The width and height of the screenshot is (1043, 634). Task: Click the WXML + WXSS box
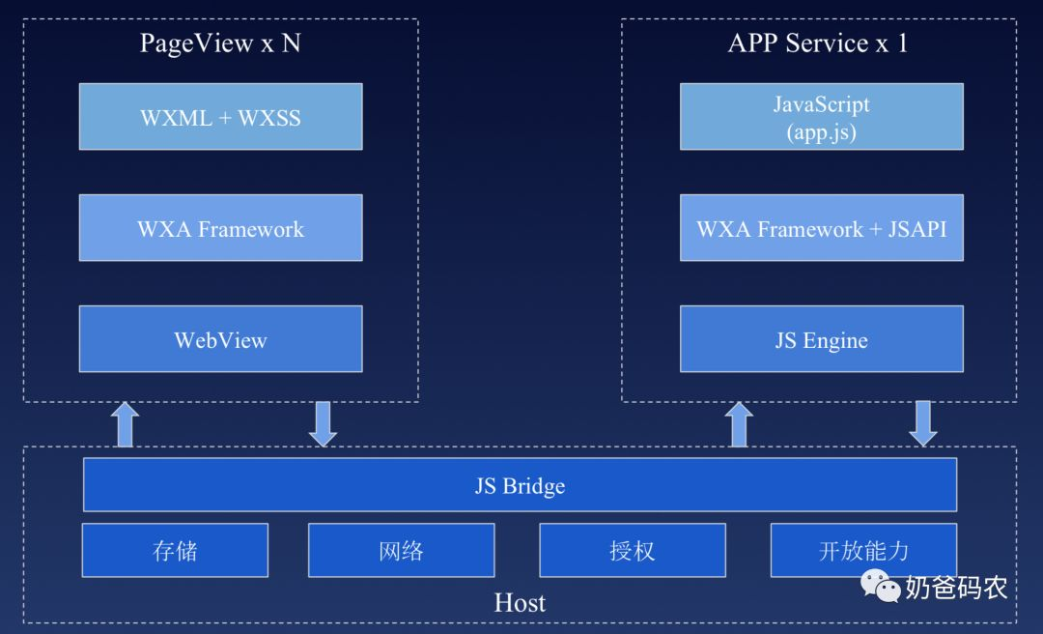220,117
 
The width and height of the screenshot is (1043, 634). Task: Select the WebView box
220,339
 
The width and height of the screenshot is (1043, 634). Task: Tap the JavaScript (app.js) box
821,117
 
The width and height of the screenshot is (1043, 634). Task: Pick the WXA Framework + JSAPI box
821,228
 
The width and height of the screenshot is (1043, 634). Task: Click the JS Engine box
821,339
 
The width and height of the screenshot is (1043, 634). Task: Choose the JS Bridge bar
520,485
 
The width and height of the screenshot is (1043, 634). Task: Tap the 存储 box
175,550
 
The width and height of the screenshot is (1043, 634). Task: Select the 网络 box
401,550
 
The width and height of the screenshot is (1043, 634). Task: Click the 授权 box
632,550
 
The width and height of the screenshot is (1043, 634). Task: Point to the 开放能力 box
863,550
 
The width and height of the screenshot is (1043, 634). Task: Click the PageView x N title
220,43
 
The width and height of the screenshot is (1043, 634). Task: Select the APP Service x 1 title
818,43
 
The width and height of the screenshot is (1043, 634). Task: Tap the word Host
520,603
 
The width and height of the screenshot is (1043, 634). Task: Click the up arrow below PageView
126,424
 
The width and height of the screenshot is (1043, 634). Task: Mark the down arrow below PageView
323,424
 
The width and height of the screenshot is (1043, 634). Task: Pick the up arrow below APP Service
739,424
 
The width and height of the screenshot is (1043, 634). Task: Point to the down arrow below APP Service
923,424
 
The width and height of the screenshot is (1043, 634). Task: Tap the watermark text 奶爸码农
956,587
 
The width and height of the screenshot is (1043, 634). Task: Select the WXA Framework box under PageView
220,228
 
